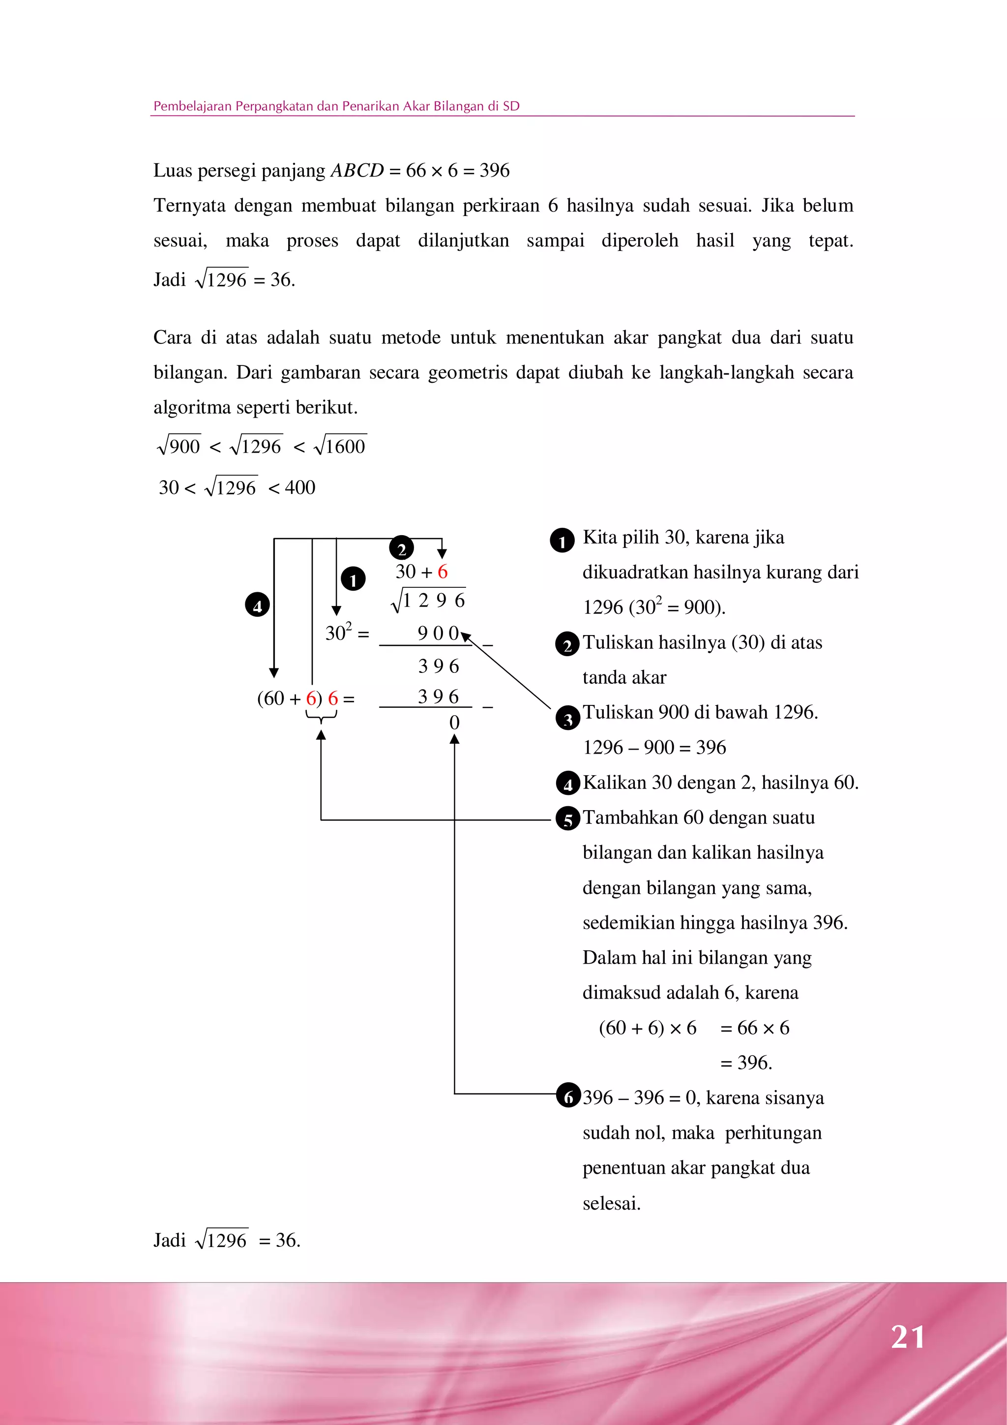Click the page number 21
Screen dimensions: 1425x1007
908,1337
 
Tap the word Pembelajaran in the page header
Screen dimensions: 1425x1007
192,106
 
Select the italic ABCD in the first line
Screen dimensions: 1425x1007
357,170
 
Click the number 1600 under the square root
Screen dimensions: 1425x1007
345,446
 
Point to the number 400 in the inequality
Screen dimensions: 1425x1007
300,487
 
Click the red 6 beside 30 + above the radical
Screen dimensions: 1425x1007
443,572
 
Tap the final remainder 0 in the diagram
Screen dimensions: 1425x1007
454,723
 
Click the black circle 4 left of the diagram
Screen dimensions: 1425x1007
257,605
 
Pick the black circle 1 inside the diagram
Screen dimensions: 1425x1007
353,579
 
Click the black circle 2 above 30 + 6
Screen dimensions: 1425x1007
401,548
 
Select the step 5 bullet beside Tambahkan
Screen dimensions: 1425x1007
568,819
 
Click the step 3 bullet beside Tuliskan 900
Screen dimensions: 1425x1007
568,718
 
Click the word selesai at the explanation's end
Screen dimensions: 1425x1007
611,1204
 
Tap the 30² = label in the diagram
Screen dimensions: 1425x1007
346,633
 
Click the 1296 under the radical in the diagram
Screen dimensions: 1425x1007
434,600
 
